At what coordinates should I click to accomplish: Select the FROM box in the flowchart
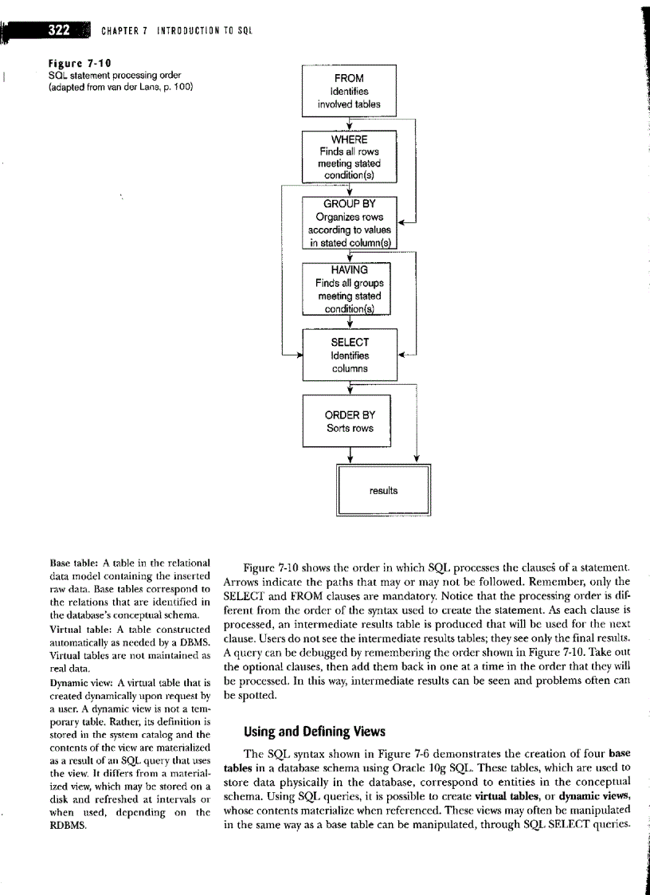point(349,91)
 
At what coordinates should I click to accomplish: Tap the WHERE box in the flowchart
point(349,156)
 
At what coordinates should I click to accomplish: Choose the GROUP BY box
point(349,222)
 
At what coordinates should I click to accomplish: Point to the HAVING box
point(349,289)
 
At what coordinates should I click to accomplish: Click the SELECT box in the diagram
point(350,355)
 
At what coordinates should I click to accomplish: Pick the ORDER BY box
point(350,421)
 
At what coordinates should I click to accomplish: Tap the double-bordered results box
point(383,490)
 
